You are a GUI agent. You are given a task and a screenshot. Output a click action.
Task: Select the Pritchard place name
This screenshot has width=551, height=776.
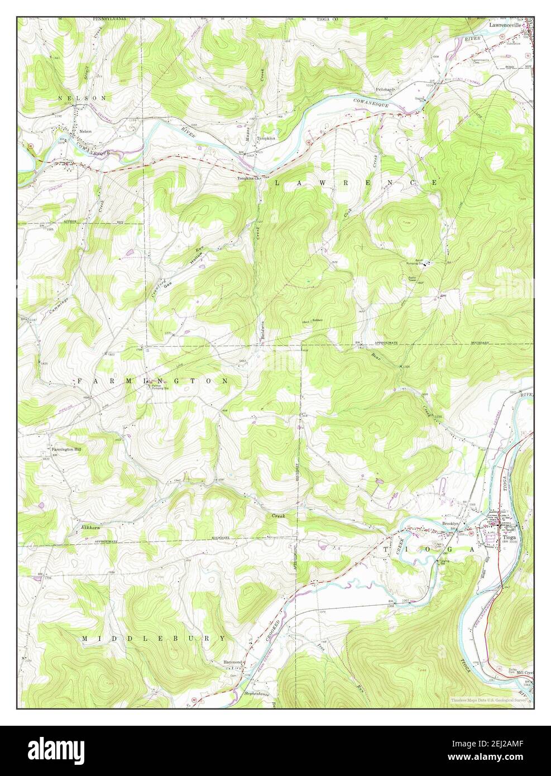(x=385, y=89)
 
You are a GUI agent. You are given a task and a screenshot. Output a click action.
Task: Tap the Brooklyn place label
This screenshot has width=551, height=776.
(x=450, y=524)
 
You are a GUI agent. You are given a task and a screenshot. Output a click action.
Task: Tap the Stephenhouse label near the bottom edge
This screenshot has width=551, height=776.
(x=257, y=693)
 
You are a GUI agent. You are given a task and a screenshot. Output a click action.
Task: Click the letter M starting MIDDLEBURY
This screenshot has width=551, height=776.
(x=85, y=638)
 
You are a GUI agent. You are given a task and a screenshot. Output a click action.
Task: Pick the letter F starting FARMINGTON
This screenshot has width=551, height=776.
(x=79, y=381)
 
